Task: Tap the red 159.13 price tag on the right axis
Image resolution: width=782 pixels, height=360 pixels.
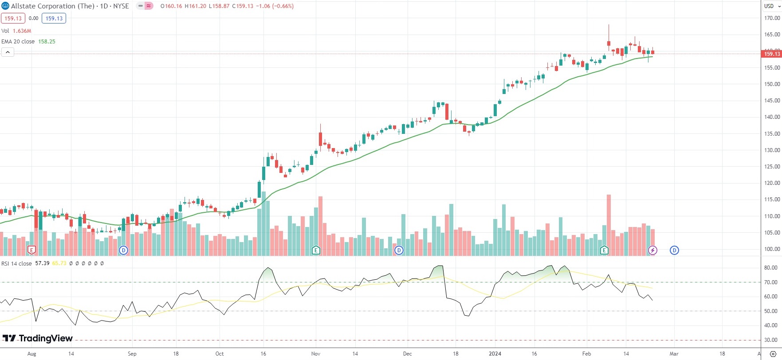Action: pyautogui.click(x=771, y=54)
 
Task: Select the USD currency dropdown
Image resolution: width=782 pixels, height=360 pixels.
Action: pyautogui.click(x=772, y=6)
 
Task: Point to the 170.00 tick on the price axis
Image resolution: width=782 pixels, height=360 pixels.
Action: pyautogui.click(x=772, y=18)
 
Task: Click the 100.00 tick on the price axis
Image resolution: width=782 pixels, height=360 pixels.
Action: pyautogui.click(x=772, y=249)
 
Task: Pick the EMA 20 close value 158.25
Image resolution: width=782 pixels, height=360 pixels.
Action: pyautogui.click(x=47, y=42)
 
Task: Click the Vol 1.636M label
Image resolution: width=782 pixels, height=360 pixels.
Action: pyautogui.click(x=16, y=31)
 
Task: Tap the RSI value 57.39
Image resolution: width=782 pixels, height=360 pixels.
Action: pyautogui.click(x=42, y=263)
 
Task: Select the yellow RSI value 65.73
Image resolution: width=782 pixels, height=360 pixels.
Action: pyautogui.click(x=59, y=263)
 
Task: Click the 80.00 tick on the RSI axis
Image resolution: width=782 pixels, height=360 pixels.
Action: pyautogui.click(x=771, y=268)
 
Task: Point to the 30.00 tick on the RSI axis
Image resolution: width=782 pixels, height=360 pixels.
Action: pyautogui.click(x=771, y=340)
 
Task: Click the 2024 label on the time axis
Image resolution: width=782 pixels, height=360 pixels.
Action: pyautogui.click(x=495, y=354)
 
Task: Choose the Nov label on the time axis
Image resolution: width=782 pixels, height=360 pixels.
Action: pyautogui.click(x=316, y=354)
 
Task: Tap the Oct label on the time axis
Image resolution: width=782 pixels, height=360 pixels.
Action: pyautogui.click(x=220, y=354)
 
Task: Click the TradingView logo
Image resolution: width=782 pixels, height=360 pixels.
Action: pyautogui.click(x=38, y=339)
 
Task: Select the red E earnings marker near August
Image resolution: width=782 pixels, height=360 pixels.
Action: pyautogui.click(x=31, y=250)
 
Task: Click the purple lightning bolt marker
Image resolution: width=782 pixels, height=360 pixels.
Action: pyautogui.click(x=652, y=250)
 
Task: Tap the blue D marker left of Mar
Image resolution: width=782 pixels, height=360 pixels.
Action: pyautogui.click(x=674, y=250)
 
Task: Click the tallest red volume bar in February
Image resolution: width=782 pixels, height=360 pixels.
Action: pyautogui.click(x=609, y=225)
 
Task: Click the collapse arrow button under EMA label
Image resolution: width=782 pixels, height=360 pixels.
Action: pyautogui.click(x=8, y=52)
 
